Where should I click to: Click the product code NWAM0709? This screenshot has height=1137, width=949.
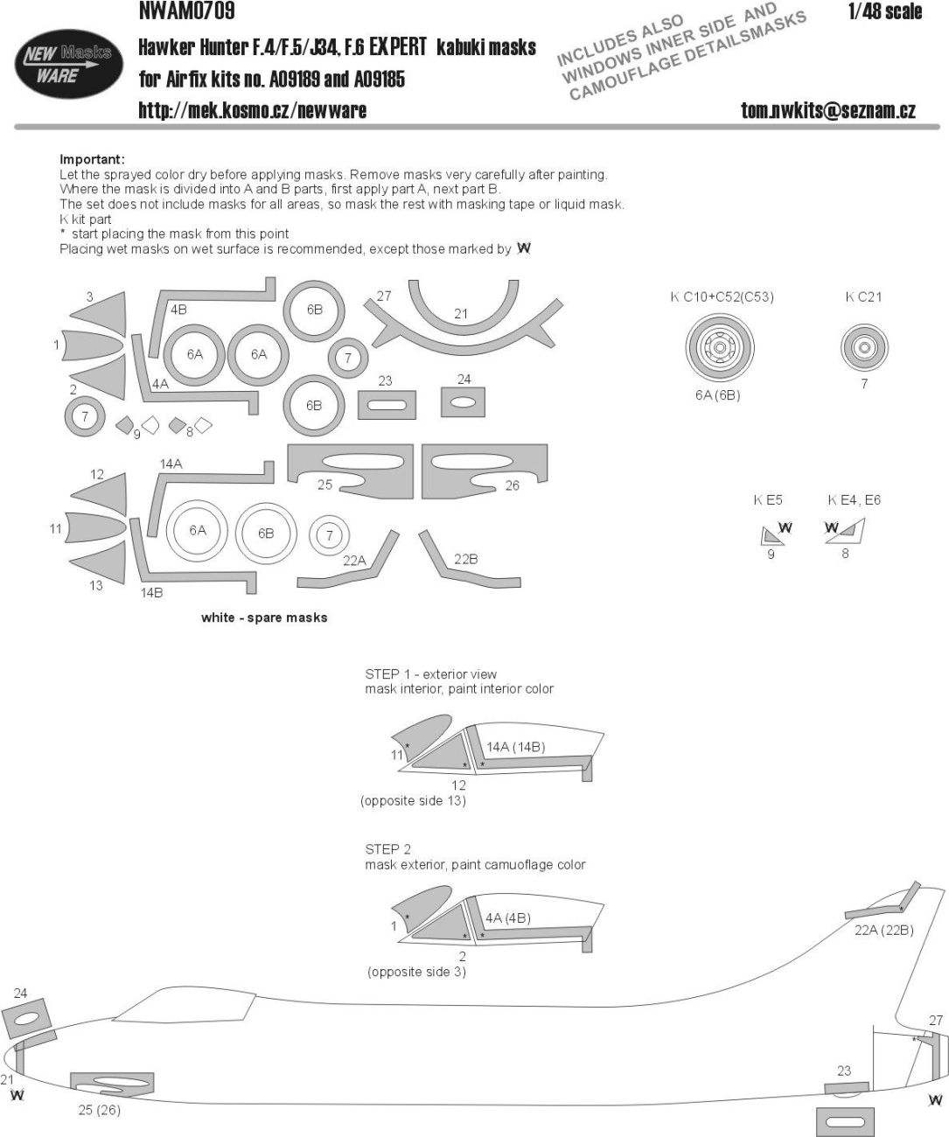[x=186, y=11]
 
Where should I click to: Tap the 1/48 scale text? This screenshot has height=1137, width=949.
[x=885, y=11]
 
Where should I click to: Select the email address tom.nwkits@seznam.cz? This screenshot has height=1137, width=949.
[x=827, y=110]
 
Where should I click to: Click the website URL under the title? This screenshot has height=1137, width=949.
[x=252, y=110]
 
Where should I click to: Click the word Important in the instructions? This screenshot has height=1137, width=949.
[x=92, y=159]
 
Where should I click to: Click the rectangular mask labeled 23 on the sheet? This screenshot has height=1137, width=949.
[x=387, y=405]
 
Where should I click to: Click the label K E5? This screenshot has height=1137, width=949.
[x=768, y=500]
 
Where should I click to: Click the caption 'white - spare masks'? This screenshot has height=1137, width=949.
[x=264, y=617]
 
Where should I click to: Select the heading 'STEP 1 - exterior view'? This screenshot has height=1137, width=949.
[x=430, y=674]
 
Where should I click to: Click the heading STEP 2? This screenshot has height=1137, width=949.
[x=387, y=849]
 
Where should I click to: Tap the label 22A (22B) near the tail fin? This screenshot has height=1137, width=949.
[x=883, y=930]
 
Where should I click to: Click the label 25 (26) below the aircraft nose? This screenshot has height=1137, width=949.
[x=98, y=1110]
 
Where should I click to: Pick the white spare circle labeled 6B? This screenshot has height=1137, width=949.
[x=265, y=533]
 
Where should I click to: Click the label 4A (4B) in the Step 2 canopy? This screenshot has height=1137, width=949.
[x=507, y=918]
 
